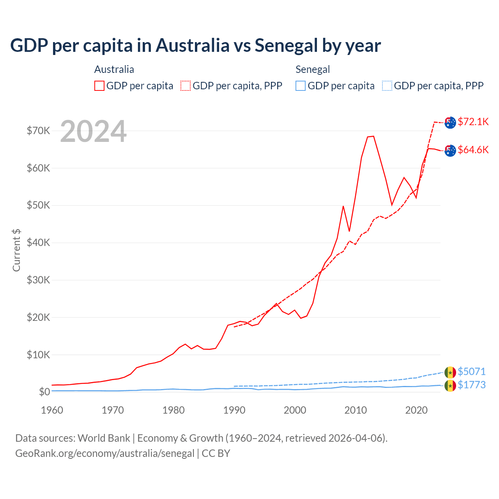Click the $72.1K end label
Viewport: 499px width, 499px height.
click(x=473, y=122)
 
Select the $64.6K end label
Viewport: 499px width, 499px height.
click(x=473, y=150)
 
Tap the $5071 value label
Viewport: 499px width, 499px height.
click(x=471, y=372)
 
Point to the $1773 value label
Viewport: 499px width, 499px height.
click(x=471, y=385)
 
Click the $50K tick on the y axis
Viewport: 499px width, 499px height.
click(x=38, y=205)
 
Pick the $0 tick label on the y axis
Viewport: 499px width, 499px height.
click(x=44, y=392)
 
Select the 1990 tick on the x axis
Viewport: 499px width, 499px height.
click(x=234, y=410)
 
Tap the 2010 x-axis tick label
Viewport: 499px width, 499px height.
click(x=356, y=410)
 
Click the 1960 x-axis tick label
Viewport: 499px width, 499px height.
click(x=52, y=410)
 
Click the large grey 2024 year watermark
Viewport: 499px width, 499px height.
click(x=93, y=131)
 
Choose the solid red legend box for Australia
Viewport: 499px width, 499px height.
click(x=99, y=86)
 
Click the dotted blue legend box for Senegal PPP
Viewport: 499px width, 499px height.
click(x=387, y=86)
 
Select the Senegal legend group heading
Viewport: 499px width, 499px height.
click(x=313, y=69)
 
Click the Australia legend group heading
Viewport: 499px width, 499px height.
click(x=114, y=69)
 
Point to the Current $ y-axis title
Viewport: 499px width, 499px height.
click(x=16, y=250)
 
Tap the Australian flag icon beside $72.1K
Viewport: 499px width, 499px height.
click(x=450, y=122)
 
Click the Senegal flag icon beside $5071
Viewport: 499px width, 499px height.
click(x=450, y=372)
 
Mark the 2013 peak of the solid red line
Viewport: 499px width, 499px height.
click(x=373, y=136)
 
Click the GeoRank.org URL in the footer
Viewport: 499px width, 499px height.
click(x=104, y=453)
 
